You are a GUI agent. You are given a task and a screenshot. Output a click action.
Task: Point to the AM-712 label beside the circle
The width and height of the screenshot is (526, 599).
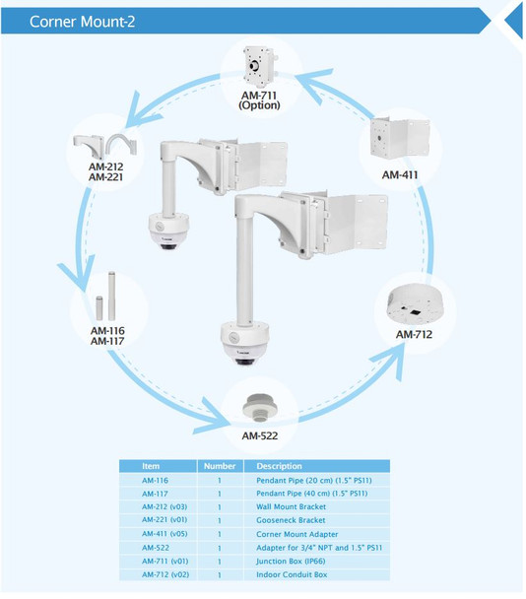[x=414, y=335]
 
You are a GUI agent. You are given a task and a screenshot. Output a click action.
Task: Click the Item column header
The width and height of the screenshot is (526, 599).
[x=151, y=466]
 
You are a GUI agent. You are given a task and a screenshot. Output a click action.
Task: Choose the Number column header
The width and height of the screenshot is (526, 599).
[x=219, y=466]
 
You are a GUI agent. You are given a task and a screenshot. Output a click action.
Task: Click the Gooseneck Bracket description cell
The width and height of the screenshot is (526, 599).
[x=291, y=520]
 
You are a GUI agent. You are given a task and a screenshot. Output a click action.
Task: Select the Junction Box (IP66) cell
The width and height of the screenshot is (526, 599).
[x=293, y=561]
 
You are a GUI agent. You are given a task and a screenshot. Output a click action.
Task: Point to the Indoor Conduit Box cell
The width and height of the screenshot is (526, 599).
[x=292, y=574]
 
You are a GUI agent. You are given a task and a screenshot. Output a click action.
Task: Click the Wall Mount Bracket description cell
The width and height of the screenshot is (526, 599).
[x=291, y=506]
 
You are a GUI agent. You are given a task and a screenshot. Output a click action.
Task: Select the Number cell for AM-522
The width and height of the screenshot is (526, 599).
[x=219, y=547]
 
